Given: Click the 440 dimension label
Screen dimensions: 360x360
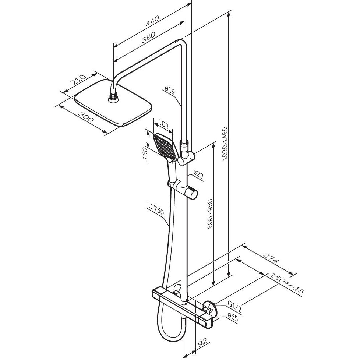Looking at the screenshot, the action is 152,21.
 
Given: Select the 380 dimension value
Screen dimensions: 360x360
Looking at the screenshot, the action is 149,37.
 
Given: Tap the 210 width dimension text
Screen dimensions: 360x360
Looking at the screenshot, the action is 78,80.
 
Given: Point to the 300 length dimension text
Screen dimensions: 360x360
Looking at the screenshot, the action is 86,117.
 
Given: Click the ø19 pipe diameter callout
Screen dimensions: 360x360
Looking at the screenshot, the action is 170,90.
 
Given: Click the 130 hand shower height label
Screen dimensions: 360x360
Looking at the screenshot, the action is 145,153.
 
